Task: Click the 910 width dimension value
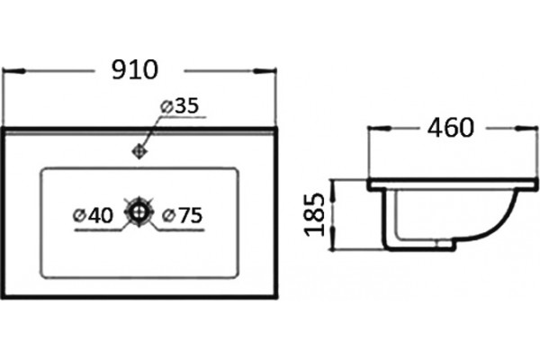[x=135, y=70]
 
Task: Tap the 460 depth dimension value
[x=451, y=128]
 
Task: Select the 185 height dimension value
[x=315, y=214]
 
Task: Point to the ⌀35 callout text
[x=180, y=106]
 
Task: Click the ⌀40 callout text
[x=94, y=215]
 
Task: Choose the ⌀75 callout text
[x=182, y=215]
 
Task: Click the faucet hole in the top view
[x=139, y=151]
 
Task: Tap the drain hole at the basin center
[x=139, y=211]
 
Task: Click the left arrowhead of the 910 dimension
[x=14, y=71]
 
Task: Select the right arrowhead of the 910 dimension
[x=265, y=71]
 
